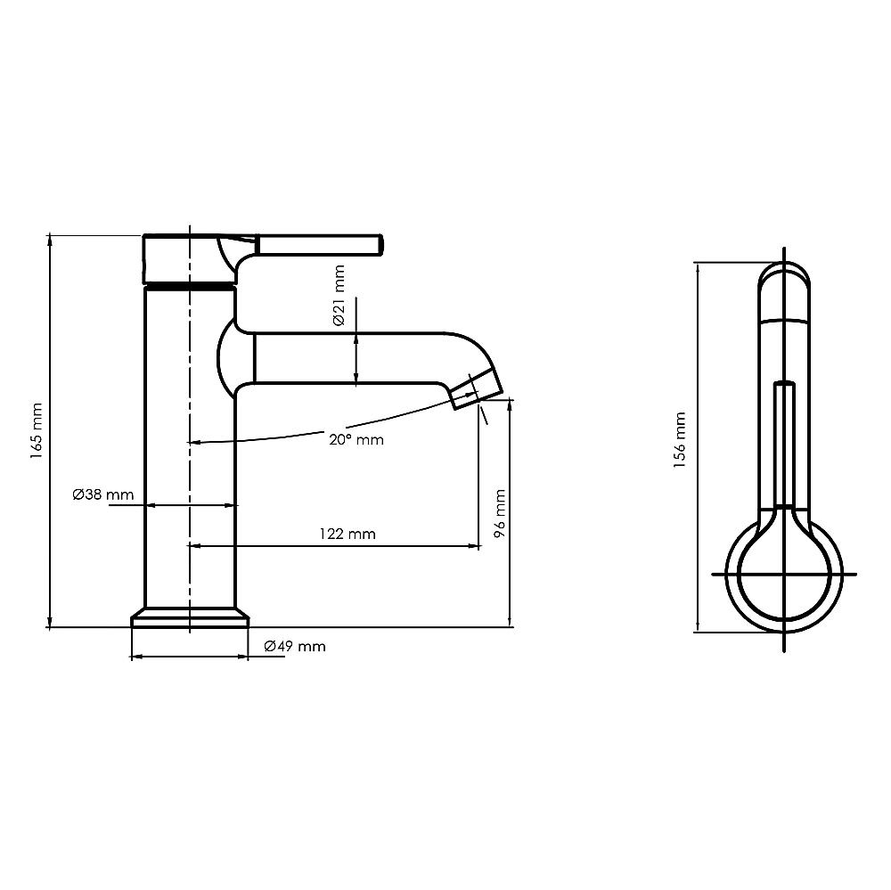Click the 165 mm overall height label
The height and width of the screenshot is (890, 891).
[37, 431]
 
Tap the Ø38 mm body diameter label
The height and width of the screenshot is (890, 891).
[103, 494]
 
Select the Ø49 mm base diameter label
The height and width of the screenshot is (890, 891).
[295, 646]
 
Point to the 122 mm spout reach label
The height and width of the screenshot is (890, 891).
[347, 534]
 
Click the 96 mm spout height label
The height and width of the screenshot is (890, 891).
[500, 514]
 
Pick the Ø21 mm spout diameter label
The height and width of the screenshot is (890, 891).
[339, 295]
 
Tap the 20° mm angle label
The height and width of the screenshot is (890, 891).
[356, 439]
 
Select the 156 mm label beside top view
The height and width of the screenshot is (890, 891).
[680, 440]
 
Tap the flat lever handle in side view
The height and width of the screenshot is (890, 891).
[321, 244]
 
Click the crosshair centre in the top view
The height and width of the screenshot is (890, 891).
[784, 574]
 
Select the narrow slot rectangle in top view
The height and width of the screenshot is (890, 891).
[784, 445]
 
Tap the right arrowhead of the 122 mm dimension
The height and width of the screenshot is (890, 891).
[474, 546]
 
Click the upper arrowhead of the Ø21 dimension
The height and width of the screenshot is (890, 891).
[356, 339]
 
